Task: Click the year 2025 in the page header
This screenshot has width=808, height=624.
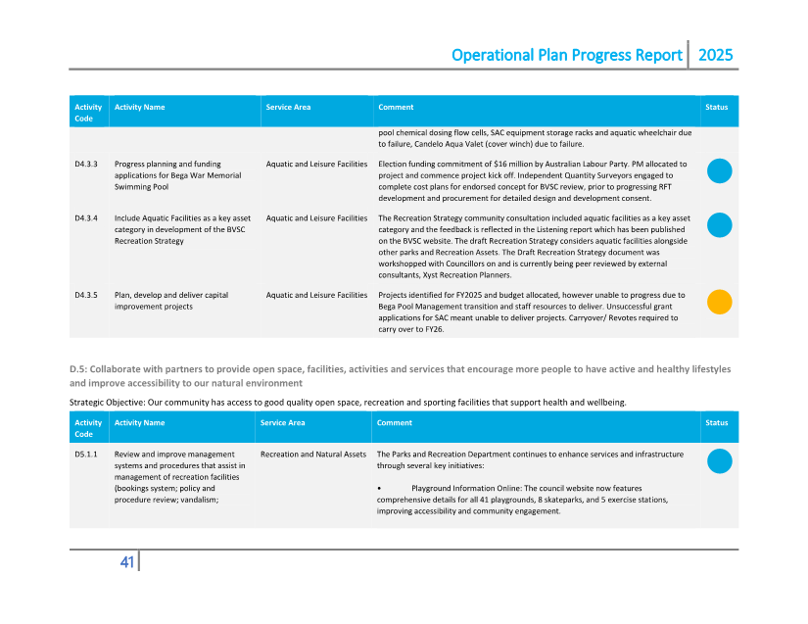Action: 714,55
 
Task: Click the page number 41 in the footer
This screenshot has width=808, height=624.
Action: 126,561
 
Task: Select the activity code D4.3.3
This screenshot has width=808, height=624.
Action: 86,164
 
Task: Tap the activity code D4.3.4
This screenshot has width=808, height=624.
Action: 86,217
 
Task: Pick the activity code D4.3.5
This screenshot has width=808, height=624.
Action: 86,294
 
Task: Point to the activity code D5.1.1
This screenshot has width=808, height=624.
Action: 85,455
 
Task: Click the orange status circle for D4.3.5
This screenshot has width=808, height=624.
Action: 719,302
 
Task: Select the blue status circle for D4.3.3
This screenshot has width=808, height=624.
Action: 719,171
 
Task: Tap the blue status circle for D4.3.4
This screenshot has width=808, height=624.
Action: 719,225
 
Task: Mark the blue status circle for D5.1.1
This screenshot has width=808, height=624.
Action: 719,461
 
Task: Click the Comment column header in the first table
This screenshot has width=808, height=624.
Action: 396,107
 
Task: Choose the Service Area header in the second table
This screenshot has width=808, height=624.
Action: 282,423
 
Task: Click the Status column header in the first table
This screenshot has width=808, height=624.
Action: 716,107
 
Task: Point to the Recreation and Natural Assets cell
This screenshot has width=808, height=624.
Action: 312,455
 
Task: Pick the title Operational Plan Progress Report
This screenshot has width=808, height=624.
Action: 566,55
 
